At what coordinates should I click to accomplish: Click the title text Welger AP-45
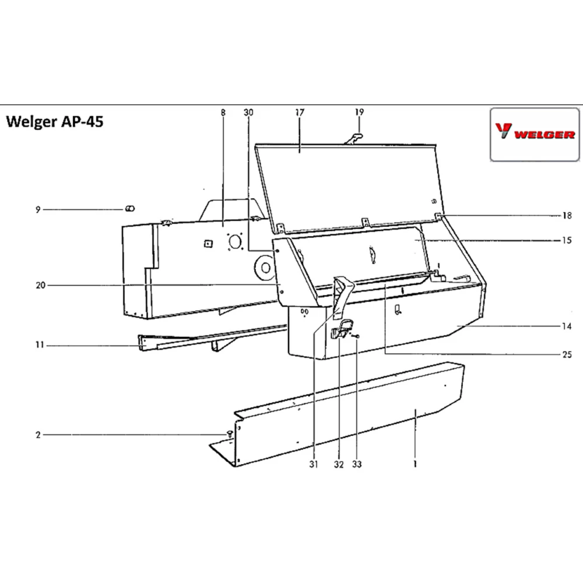click(55, 123)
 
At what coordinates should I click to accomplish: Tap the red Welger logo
click(535, 134)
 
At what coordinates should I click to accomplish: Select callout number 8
click(223, 112)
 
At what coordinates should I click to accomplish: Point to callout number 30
click(249, 112)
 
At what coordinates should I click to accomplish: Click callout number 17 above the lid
click(300, 112)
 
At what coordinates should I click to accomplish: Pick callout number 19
click(359, 112)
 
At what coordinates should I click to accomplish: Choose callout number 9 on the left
click(38, 210)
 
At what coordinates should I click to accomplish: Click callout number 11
click(38, 346)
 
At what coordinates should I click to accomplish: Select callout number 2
click(38, 435)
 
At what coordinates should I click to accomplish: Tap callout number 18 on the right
click(567, 216)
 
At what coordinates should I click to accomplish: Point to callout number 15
click(567, 240)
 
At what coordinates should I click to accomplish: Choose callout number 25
click(567, 354)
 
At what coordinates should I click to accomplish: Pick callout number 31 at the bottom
click(314, 465)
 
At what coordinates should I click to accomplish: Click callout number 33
click(357, 465)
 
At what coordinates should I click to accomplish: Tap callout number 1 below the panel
click(415, 465)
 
